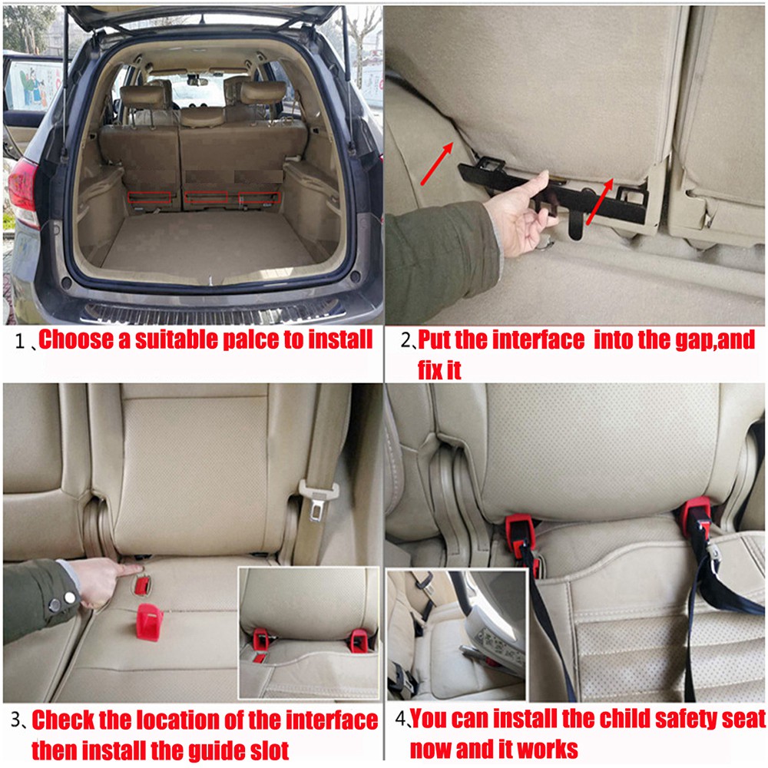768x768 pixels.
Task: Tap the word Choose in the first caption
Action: click(75, 339)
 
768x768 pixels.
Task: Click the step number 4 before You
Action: click(402, 720)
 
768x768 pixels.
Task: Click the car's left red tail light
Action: click(23, 192)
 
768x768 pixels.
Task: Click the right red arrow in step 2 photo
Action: click(600, 202)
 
